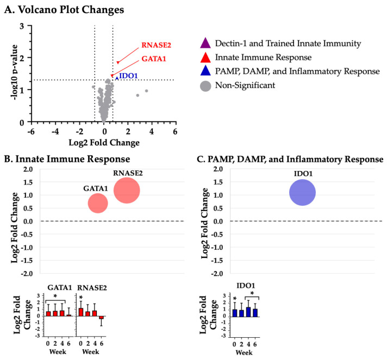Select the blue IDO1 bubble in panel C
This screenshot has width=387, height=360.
[x=303, y=193]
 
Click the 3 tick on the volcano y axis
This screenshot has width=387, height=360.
[x=22, y=26]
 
